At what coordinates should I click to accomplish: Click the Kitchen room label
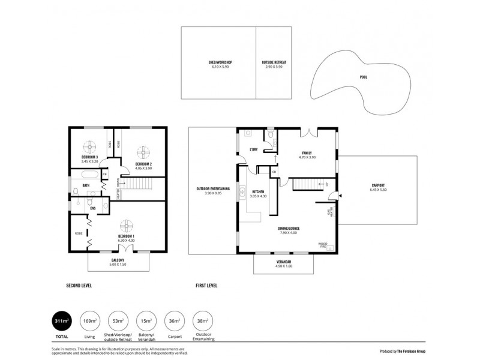point(258,193)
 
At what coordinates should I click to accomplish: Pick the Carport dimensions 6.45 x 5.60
point(378,190)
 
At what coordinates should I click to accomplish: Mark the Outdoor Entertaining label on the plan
point(213,189)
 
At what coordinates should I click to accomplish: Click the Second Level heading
point(78,285)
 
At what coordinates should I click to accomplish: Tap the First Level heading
point(207,285)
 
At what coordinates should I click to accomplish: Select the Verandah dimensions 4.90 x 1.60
point(284,266)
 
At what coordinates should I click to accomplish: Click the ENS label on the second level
point(76,208)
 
